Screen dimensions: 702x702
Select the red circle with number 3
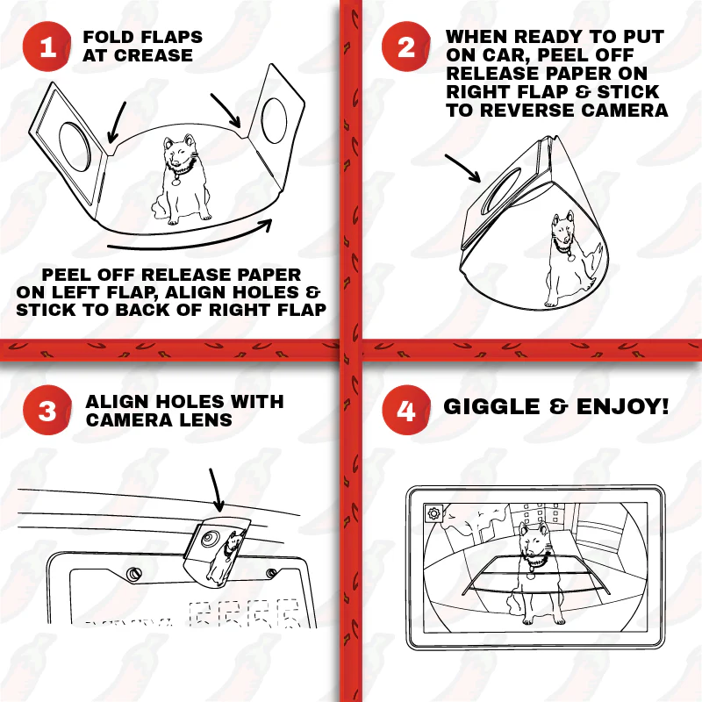(47, 412)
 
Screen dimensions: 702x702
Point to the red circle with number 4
(406, 412)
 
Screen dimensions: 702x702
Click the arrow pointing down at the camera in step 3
(216, 490)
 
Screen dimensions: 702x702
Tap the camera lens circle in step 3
(207, 537)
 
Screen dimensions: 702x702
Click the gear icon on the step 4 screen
(433, 514)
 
